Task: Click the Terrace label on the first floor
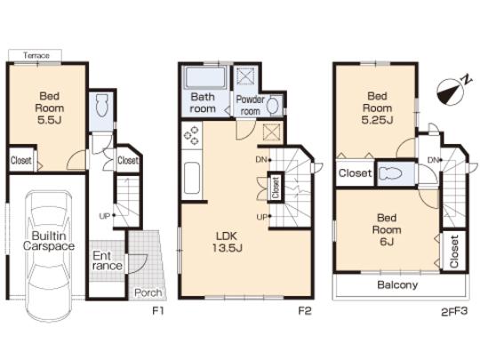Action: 36,56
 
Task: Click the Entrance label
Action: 108,260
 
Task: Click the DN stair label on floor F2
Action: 260,160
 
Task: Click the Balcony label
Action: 396,285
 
